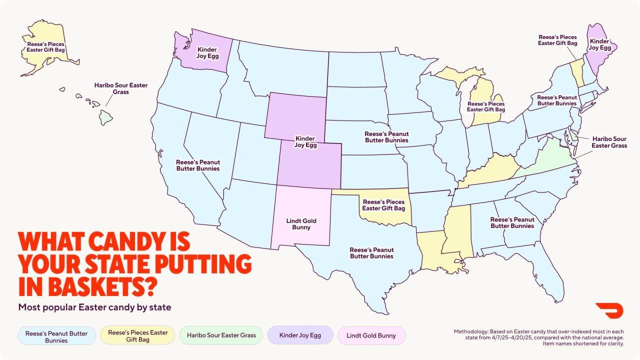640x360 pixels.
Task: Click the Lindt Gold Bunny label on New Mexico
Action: tap(301, 224)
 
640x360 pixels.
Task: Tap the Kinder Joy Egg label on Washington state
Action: tap(207, 53)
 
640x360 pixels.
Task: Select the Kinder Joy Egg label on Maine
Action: tap(600, 44)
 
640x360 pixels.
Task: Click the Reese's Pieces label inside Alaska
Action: tap(45, 47)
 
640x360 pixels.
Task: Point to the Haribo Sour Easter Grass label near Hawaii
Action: tap(121, 88)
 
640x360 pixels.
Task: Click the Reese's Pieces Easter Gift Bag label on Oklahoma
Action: tap(383, 205)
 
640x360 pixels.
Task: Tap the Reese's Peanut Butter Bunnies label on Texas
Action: tap(371, 253)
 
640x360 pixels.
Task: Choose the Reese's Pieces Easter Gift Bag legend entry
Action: tap(138, 335)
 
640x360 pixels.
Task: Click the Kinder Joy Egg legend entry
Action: tap(300, 335)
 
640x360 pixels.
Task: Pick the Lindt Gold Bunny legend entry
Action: tap(371, 335)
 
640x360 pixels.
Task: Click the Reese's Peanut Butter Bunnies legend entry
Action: tap(56, 335)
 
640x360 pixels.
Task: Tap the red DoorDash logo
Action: tap(606, 310)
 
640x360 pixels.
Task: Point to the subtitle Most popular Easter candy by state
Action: tap(94, 307)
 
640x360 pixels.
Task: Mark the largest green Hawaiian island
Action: tap(105, 117)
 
